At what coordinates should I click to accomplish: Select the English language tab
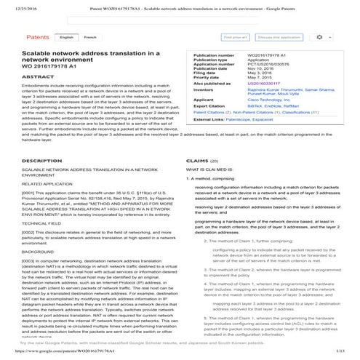67,36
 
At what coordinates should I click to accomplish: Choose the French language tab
91,36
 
